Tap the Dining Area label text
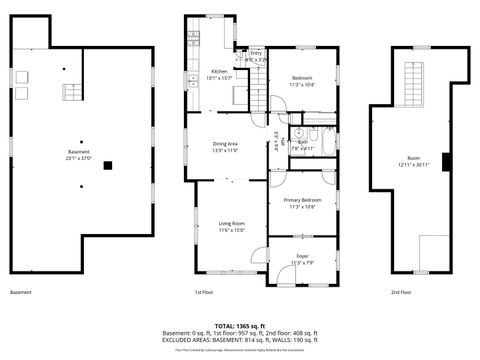click(x=225, y=144)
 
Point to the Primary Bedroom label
click(x=301, y=200)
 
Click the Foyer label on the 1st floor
click(x=302, y=257)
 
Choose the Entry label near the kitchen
click(x=256, y=52)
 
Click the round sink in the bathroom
click(x=297, y=132)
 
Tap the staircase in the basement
click(x=72, y=93)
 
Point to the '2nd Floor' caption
click(x=403, y=292)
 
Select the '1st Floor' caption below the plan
click(x=203, y=292)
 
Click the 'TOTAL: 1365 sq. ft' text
click(x=240, y=326)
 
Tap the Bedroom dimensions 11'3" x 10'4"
click(x=302, y=85)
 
